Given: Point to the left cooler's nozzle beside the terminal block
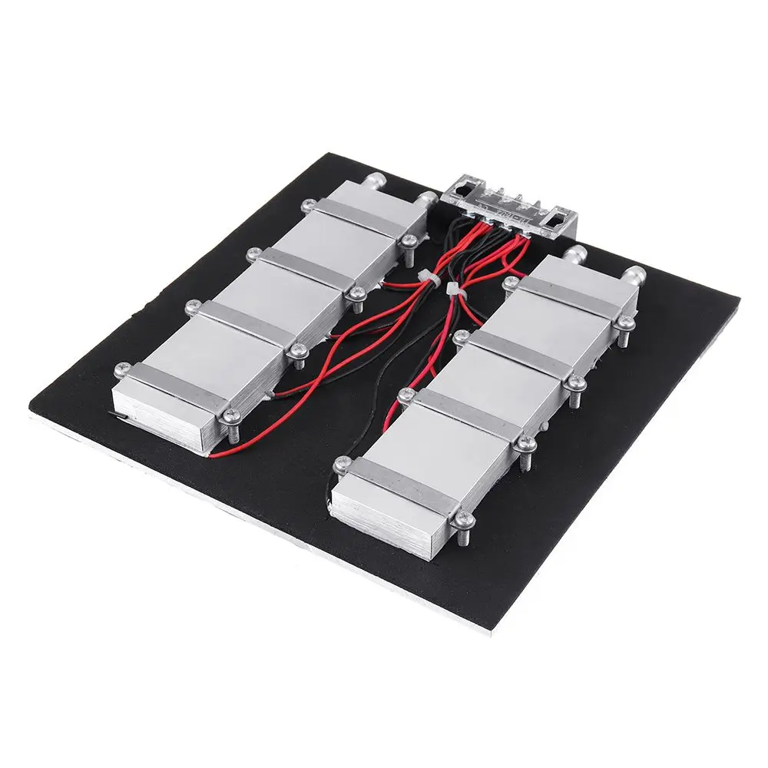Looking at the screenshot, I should [427, 200].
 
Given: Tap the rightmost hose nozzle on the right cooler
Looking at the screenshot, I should [634, 276].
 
